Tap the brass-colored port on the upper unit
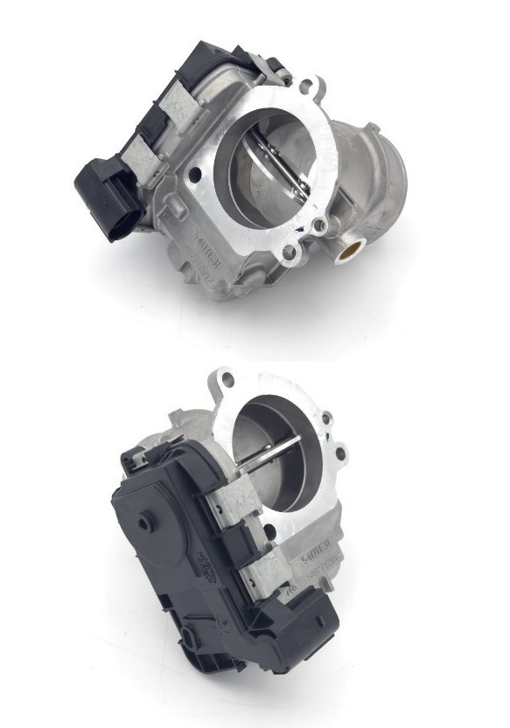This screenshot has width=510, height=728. [347, 252]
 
